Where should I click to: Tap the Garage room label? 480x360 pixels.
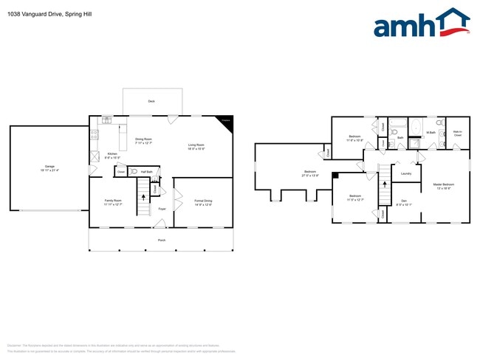click(49, 167)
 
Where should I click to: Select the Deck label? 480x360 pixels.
click(151, 101)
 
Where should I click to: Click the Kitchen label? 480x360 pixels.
click(112, 153)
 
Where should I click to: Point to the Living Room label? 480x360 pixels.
click(196, 145)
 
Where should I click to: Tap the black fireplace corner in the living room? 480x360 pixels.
click(224, 122)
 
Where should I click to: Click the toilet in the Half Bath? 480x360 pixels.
click(134, 171)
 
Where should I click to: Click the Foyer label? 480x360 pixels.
click(162, 209)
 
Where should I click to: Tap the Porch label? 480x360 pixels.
click(161, 240)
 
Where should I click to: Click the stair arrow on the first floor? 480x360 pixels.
click(144, 199)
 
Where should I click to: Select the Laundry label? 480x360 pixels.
click(405, 174)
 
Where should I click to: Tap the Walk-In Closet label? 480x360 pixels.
click(457, 134)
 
